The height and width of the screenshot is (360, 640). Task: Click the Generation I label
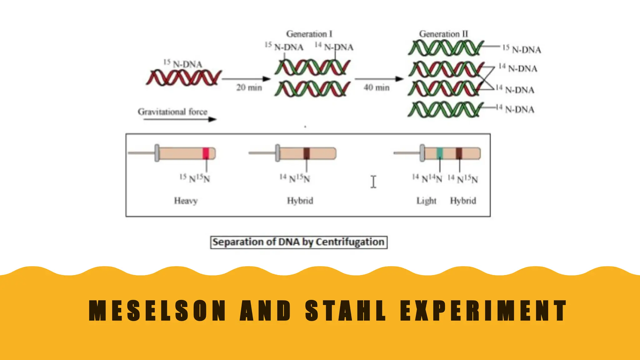pyautogui.click(x=309, y=34)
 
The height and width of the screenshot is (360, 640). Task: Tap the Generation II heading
pyautogui.click(x=443, y=34)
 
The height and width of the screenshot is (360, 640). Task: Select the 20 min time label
pyautogui.click(x=249, y=87)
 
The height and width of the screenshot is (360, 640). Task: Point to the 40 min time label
pyautogui.click(x=377, y=87)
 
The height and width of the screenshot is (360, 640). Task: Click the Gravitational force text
pyautogui.click(x=172, y=112)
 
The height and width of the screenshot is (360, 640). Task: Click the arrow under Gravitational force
pyautogui.click(x=180, y=119)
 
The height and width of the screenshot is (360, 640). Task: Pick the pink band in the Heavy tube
pyautogui.click(x=206, y=153)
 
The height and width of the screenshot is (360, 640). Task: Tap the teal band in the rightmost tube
pyautogui.click(x=440, y=153)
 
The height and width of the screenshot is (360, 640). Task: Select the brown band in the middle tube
pyautogui.click(x=307, y=153)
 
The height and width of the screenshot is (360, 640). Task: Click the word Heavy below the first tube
pyautogui.click(x=186, y=201)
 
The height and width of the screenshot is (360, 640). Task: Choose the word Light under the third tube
pyautogui.click(x=426, y=201)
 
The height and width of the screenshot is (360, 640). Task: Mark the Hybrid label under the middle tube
pyautogui.click(x=300, y=201)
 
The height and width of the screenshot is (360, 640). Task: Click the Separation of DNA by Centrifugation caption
pyautogui.click(x=299, y=242)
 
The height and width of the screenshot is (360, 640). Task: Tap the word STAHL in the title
pyautogui.click(x=346, y=311)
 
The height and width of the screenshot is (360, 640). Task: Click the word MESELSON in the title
pyautogui.click(x=157, y=311)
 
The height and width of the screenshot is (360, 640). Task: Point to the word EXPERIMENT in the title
pyautogui.click(x=483, y=311)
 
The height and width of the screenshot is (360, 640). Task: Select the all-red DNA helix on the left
pyautogui.click(x=184, y=78)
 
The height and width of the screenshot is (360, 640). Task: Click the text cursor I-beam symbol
pyautogui.click(x=373, y=182)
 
